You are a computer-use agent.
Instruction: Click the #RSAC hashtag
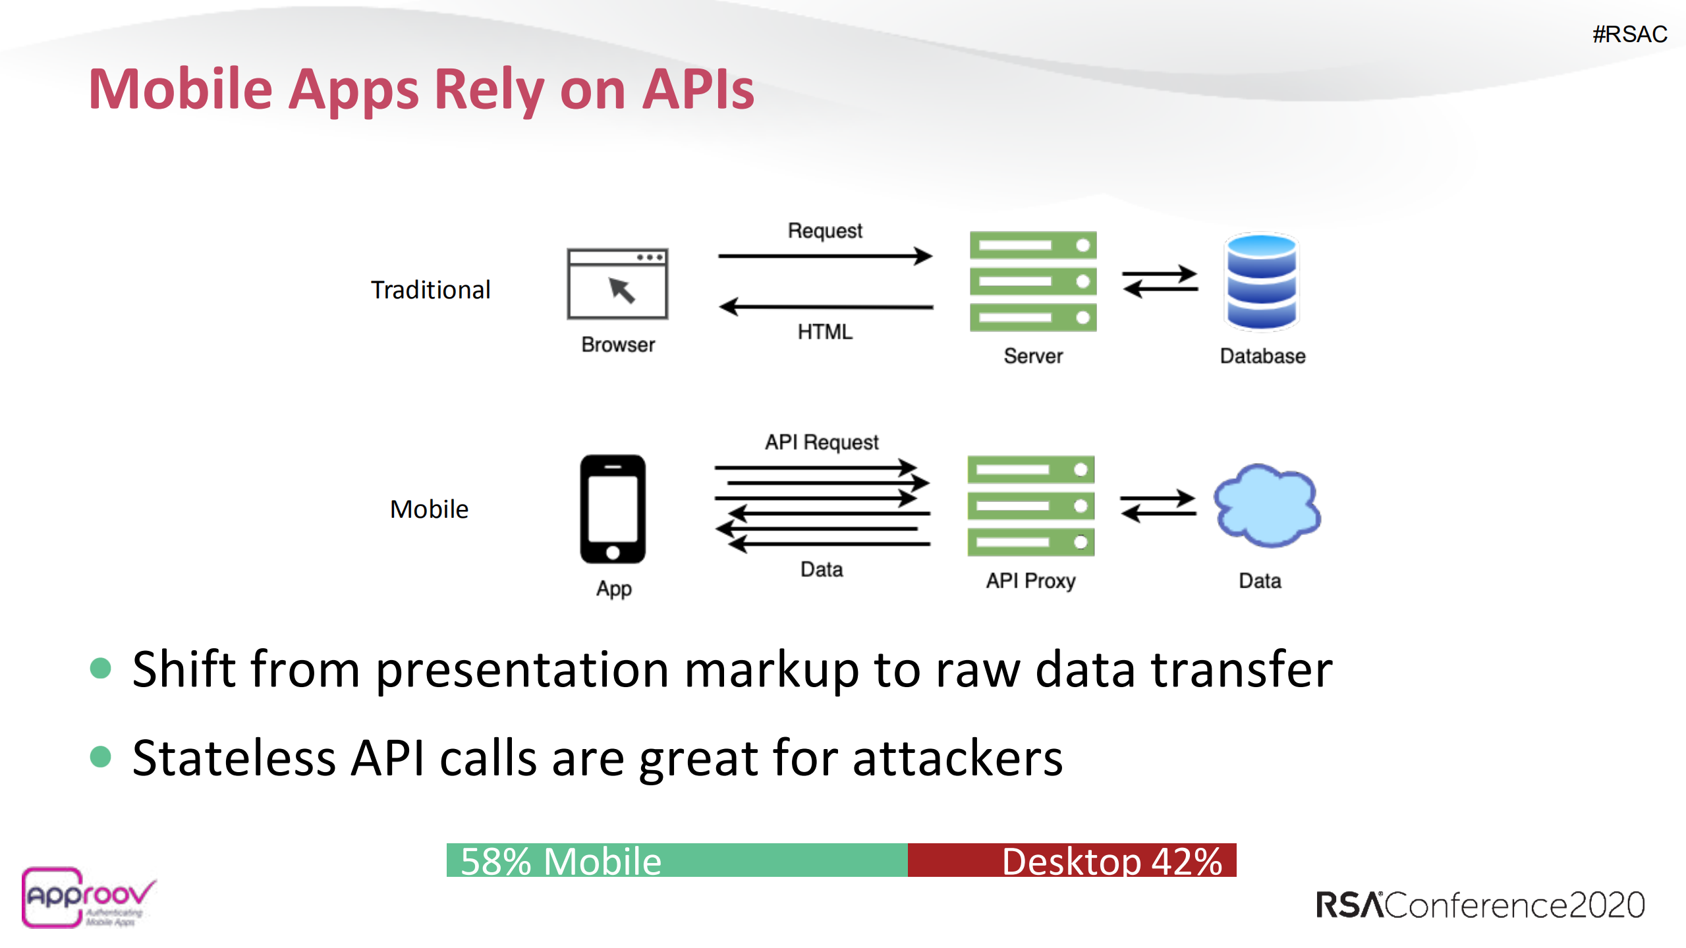point(1629,34)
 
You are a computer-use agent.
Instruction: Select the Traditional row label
point(430,290)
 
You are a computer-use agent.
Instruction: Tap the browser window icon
point(617,284)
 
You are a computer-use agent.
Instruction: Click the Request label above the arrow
point(825,231)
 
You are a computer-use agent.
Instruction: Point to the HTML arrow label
point(825,331)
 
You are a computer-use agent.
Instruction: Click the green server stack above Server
point(1032,281)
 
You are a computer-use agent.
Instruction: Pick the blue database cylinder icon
point(1261,281)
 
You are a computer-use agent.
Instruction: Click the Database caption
point(1262,356)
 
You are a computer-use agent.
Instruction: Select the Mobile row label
point(429,509)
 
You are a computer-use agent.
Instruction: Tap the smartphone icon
point(613,509)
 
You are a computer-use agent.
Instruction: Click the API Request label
point(822,442)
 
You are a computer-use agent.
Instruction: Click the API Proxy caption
point(1030,580)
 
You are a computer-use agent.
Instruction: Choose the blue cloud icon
point(1266,506)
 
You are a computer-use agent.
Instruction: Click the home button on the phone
point(613,552)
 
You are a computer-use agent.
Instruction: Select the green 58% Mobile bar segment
point(677,860)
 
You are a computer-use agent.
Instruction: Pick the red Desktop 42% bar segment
point(1072,860)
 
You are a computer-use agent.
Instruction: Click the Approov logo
point(88,897)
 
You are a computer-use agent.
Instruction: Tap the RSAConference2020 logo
point(1480,905)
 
